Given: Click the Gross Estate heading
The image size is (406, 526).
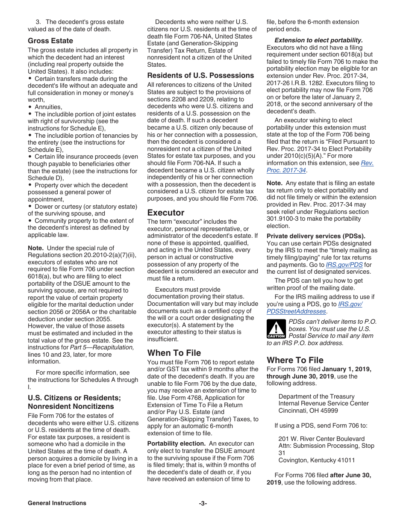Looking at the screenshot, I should (50, 41).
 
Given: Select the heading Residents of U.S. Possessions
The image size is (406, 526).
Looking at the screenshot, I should (200, 75).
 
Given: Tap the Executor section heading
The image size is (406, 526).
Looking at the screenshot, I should (166, 213).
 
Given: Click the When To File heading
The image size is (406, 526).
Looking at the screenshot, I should (174, 353).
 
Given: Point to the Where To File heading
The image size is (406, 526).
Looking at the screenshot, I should (295, 360).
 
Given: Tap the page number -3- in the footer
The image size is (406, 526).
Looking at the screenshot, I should (203, 503).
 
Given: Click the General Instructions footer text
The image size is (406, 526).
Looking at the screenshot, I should (57, 503).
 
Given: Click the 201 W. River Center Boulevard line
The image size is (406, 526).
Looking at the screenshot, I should (321, 439).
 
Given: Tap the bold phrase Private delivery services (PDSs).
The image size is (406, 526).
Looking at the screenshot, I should (316, 236).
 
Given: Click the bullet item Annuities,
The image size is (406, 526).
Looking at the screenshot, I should (48, 107).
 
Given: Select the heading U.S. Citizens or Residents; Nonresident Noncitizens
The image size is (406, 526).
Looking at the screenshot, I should (74, 402).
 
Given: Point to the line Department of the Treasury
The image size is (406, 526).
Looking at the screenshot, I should (316, 396).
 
